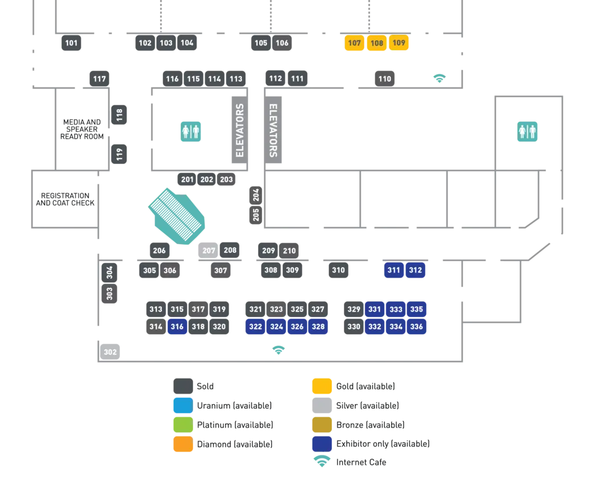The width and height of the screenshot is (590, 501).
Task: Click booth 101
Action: click(x=71, y=43)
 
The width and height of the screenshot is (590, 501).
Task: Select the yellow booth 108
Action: click(x=377, y=43)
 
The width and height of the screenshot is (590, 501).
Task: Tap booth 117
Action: click(x=100, y=78)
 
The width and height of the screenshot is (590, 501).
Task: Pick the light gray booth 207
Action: click(x=209, y=251)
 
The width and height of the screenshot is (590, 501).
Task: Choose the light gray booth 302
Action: click(x=110, y=352)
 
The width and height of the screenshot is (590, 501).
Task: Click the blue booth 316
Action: click(x=177, y=327)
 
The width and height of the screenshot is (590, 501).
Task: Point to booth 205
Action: click(x=256, y=214)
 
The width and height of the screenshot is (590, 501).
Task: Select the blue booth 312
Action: click(x=415, y=270)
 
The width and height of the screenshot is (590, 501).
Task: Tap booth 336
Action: click(x=417, y=327)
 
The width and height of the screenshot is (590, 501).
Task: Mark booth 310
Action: click(x=339, y=270)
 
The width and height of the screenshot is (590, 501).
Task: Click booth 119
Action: click(x=119, y=154)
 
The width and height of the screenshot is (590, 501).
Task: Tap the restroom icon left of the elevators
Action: click(x=191, y=132)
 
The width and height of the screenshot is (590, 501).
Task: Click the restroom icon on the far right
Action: click(x=527, y=132)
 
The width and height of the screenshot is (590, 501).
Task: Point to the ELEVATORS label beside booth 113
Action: click(x=240, y=130)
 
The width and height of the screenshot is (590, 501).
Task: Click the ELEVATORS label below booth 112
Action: click(x=274, y=130)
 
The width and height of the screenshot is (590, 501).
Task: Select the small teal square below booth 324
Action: click(x=279, y=349)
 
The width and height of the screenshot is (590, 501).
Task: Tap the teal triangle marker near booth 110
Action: click(x=440, y=78)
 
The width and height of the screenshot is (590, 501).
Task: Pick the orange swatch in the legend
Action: click(x=183, y=443)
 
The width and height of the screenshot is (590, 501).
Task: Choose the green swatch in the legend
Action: click(x=183, y=424)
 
